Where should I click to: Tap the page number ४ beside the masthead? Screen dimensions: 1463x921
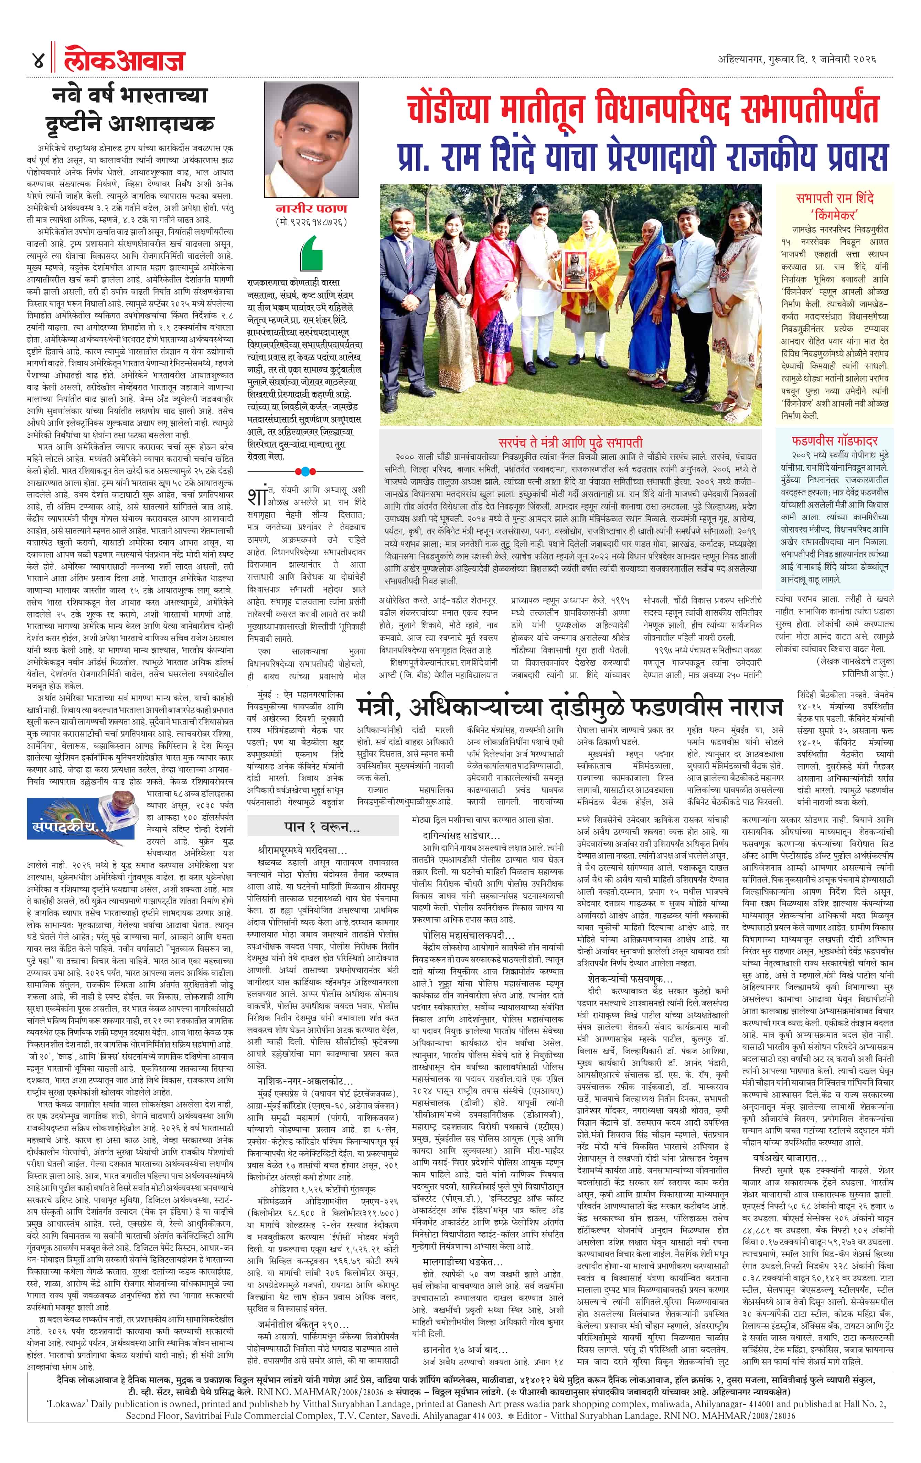tap(38, 61)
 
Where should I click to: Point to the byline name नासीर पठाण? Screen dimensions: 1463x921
tap(310, 209)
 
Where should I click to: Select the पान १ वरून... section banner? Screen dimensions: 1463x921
tap(322, 827)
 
